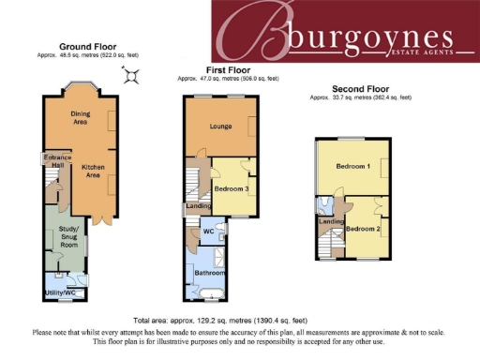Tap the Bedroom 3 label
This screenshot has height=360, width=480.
(x=231, y=188)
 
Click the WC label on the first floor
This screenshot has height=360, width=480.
(x=209, y=230)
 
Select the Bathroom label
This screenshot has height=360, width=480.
(x=210, y=274)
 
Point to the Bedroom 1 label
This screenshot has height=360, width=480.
(x=353, y=167)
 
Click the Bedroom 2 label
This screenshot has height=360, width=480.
(x=362, y=229)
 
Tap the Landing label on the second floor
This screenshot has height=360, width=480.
(x=331, y=221)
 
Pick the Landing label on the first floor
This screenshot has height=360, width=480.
(x=198, y=206)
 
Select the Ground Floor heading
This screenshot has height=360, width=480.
(x=87, y=46)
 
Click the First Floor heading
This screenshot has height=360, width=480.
(x=229, y=70)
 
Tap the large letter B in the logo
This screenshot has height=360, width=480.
(x=260, y=36)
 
